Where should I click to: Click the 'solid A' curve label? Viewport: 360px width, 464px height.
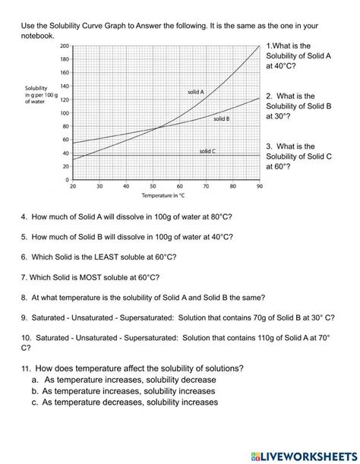click(196, 92)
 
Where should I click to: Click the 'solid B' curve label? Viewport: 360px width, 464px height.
click(221, 119)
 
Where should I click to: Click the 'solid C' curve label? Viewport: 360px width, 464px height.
click(207, 151)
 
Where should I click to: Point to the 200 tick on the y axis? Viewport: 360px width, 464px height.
click(64, 46)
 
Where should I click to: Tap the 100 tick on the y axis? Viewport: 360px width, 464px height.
click(64, 112)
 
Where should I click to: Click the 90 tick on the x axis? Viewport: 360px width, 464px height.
click(259, 186)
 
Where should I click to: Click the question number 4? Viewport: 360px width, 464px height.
click(24, 216)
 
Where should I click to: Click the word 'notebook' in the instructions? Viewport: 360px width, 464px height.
click(36, 36)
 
